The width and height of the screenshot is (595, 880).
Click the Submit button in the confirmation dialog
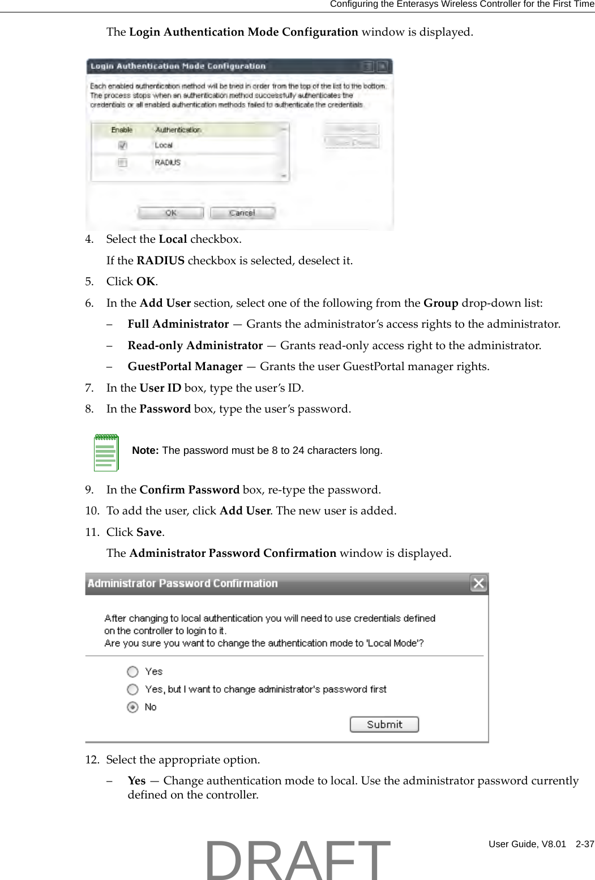click(384, 724)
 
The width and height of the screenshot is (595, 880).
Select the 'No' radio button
click(132, 707)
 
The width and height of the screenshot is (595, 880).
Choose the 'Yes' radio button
click(132, 672)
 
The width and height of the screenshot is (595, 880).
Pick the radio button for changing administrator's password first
click(132, 689)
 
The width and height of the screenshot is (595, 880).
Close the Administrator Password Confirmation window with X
click(478, 583)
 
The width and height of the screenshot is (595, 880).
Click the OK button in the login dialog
click(170, 213)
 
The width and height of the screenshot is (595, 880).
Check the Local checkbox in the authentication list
click(122, 145)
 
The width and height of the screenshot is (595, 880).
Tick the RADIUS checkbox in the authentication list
click(122, 163)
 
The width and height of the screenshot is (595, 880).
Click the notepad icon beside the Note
click(106, 452)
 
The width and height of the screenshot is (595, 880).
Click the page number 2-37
click(584, 844)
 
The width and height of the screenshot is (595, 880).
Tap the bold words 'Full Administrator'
click(178, 324)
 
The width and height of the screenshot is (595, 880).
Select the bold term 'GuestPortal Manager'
click(185, 367)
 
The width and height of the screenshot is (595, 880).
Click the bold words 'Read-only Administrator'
click(195, 345)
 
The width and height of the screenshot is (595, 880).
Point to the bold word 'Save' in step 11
click(149, 533)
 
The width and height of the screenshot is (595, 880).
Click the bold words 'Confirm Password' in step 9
click(189, 490)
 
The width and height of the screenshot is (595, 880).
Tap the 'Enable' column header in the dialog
click(122, 130)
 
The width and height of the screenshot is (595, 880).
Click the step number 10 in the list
click(92, 511)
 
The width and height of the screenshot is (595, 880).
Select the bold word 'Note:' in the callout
click(145, 450)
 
